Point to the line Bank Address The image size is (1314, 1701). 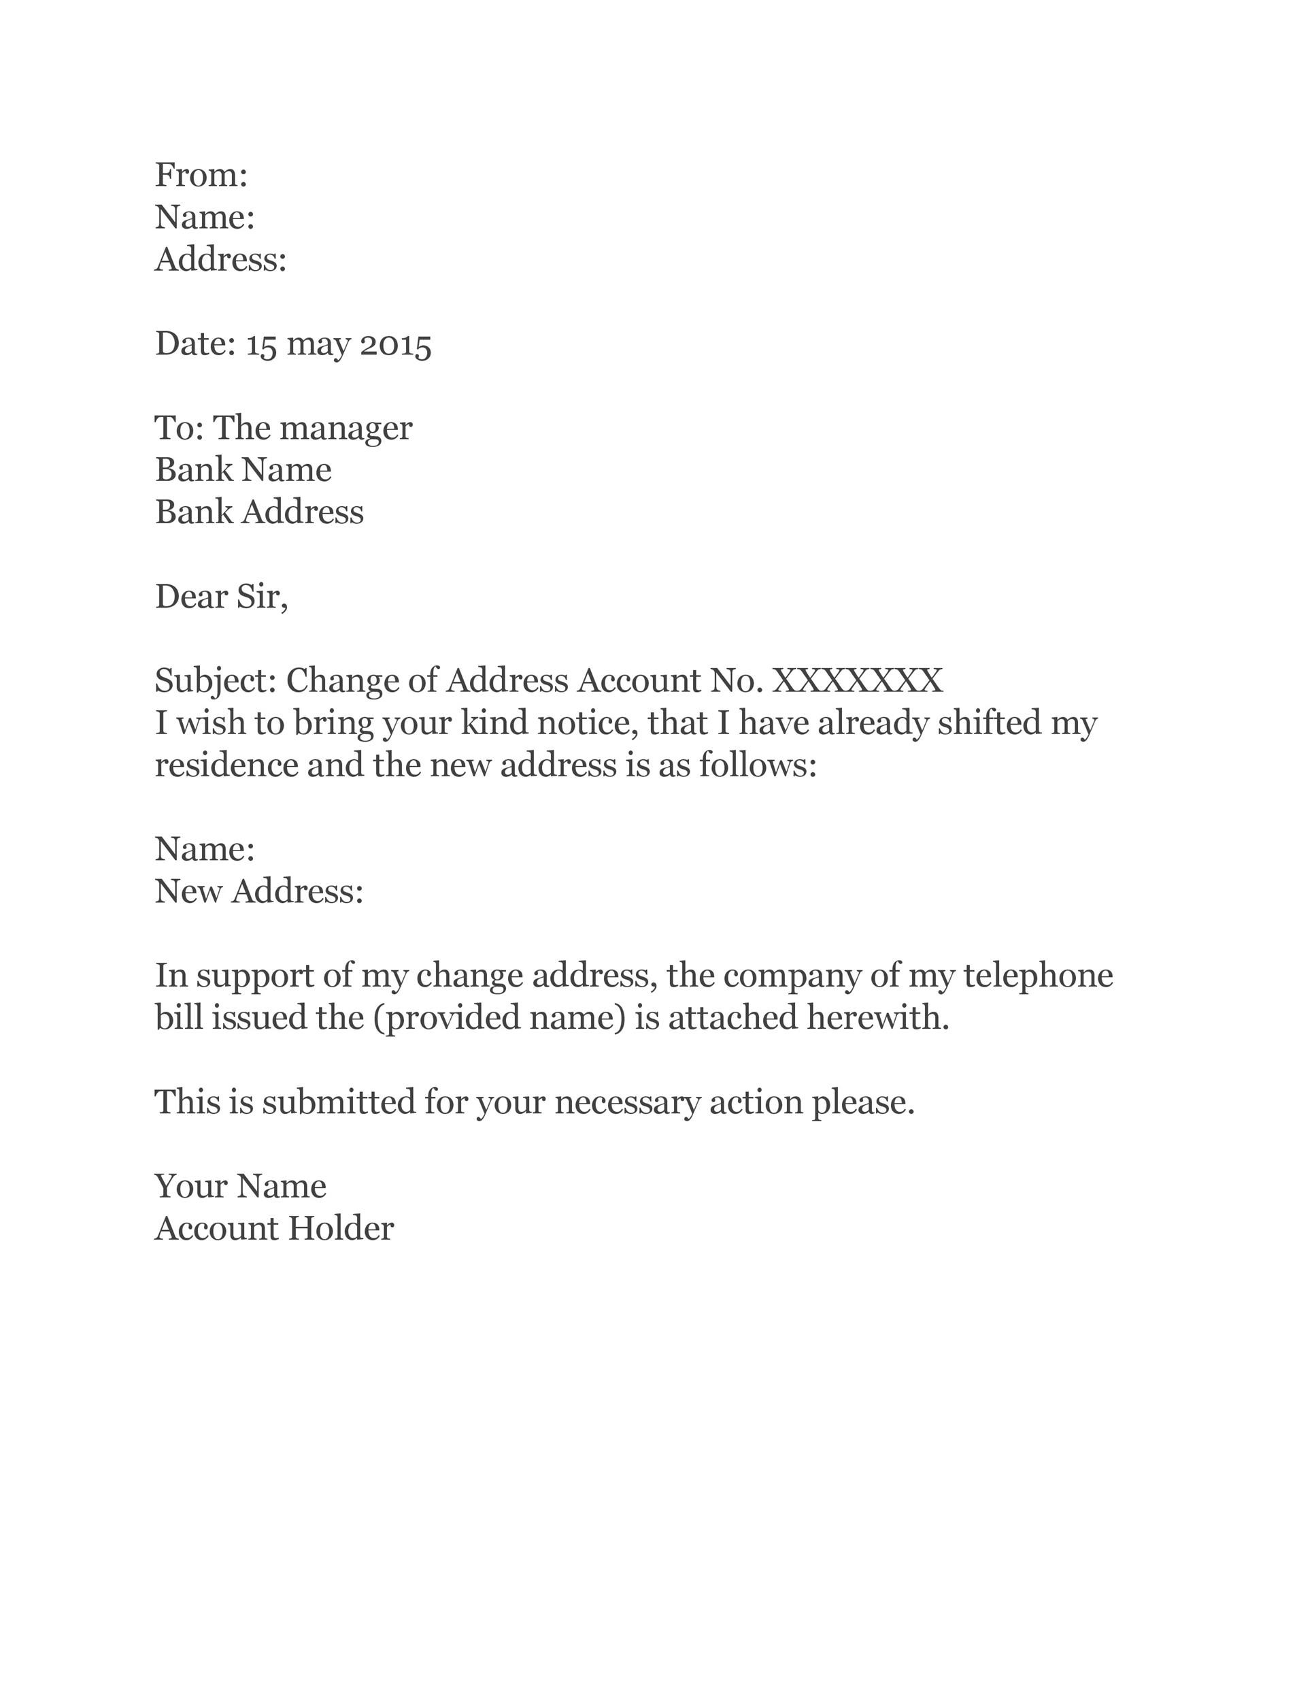[x=259, y=512]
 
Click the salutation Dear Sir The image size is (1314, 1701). [x=221, y=597]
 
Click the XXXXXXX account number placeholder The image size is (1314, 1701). [x=857, y=680]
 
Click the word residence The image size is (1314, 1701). [x=226, y=765]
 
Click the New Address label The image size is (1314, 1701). [x=259, y=892]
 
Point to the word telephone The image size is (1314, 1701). [x=1039, y=976]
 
